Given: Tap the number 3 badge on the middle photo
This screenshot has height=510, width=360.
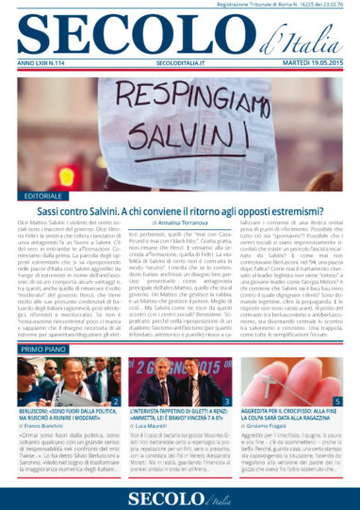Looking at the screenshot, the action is [x=229, y=401].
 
